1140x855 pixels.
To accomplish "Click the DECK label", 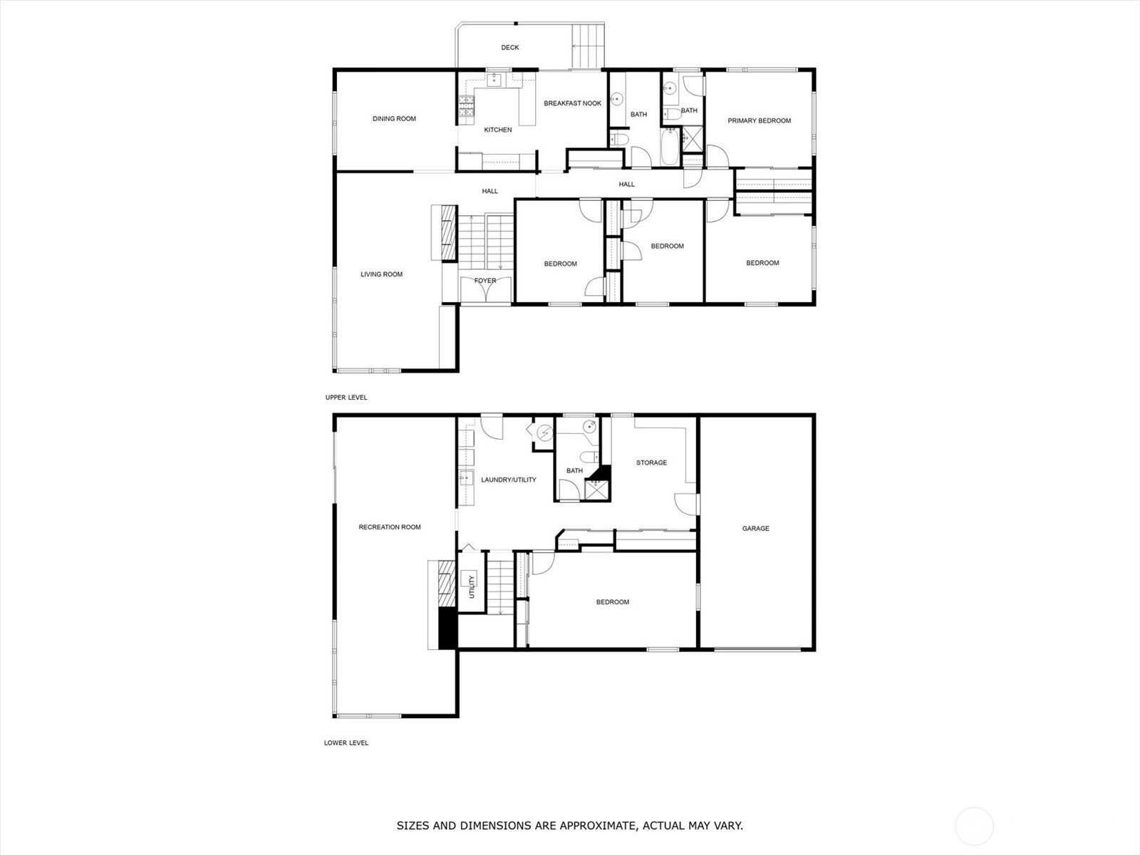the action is coord(509,47).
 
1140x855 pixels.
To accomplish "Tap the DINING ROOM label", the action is coord(394,119).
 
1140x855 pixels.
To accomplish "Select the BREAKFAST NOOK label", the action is coord(572,103).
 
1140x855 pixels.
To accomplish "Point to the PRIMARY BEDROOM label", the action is coord(759,121).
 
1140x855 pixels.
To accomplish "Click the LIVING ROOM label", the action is coord(381,274).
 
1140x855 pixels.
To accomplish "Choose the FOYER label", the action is coord(485,281).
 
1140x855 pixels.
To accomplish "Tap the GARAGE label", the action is coord(756,529).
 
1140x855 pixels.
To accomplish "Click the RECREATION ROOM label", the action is coord(390,527).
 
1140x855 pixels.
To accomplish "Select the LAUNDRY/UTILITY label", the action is coord(509,480).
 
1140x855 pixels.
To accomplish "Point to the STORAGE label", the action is coord(651,462).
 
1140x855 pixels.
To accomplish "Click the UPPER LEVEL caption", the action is coord(346,398).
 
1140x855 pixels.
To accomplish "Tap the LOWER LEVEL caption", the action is coord(346,743).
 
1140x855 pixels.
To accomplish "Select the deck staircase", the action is coord(589,45).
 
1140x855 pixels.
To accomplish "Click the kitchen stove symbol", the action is coord(466,106).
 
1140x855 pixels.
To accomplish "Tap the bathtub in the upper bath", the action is coord(670,146).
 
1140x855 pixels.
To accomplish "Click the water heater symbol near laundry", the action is coord(544,432).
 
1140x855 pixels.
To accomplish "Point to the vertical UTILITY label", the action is coord(472,587).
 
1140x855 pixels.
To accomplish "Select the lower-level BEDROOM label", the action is coord(612,602).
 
